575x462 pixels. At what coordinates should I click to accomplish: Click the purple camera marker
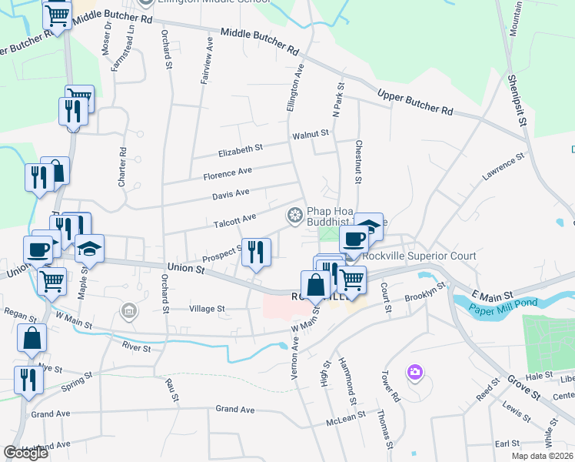point(415,373)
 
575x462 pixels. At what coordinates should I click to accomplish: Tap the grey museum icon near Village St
point(129,311)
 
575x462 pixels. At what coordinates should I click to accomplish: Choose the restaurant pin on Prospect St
point(257,253)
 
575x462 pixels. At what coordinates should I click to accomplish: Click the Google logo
point(26,453)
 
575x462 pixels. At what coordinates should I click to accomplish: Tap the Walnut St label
point(310,134)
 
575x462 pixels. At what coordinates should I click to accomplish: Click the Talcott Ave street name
point(234,219)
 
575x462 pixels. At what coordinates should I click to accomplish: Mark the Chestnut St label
point(358,162)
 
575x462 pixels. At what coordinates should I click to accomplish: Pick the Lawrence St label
point(503,167)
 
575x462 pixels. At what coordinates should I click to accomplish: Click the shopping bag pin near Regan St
point(32,337)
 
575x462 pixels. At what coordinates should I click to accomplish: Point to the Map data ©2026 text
point(542,456)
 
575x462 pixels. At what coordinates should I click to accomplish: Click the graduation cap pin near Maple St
point(89,248)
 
